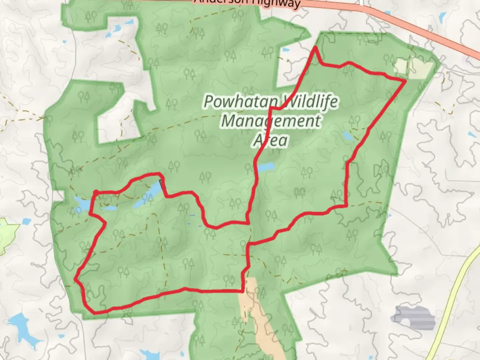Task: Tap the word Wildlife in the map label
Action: pos(308,102)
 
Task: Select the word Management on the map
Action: pos(271,120)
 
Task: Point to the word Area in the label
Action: pos(270,140)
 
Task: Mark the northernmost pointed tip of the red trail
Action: pos(315,47)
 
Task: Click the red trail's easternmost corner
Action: pos(405,80)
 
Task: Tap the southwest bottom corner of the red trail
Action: pos(94,313)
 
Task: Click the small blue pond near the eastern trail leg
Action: pos(349,136)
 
